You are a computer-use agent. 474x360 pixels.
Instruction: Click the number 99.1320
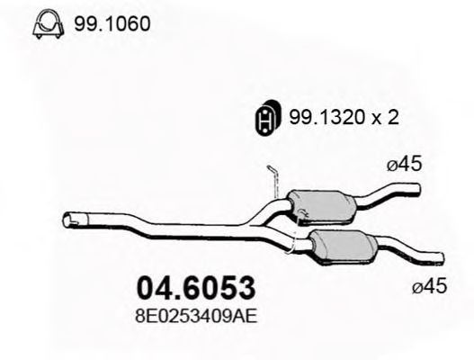pos(318,117)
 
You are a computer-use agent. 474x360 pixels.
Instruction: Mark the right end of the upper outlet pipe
pos(416,188)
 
